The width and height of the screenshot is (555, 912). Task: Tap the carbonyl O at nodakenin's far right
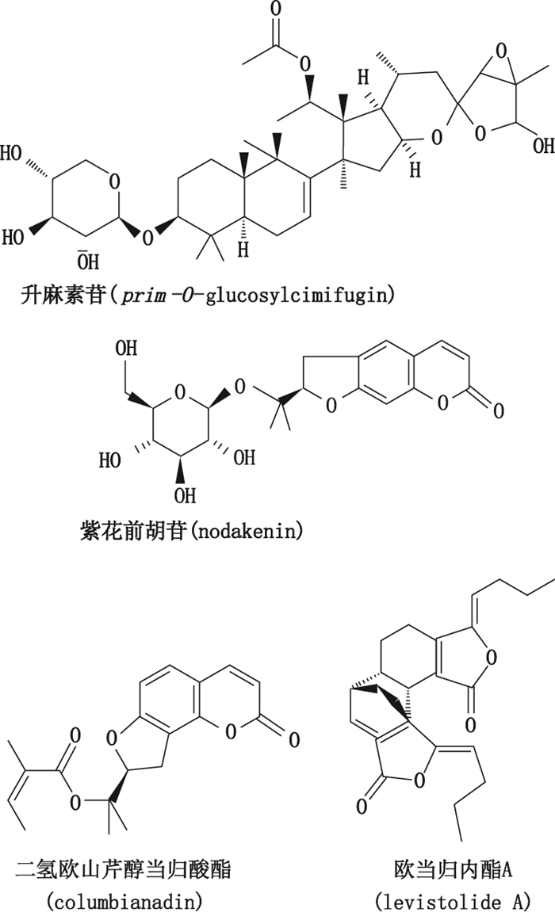tap(498, 410)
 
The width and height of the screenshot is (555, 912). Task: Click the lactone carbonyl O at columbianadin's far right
tap(293, 741)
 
